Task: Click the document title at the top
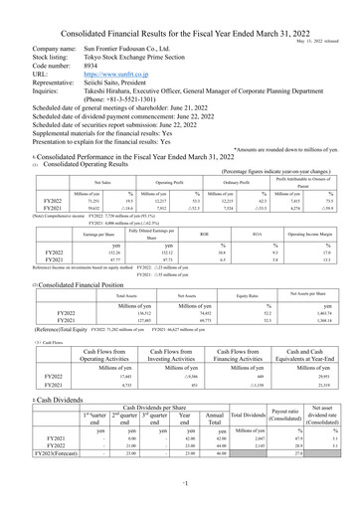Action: click(180, 8)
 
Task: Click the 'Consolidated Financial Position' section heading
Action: click(70, 256)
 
